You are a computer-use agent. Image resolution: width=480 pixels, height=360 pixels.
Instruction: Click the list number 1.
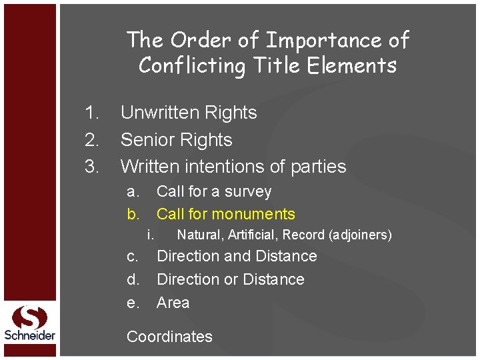tap(92, 113)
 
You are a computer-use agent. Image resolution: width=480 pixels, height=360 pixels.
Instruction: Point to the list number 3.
tap(92, 166)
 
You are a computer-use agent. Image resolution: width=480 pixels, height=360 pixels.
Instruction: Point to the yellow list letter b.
tap(133, 214)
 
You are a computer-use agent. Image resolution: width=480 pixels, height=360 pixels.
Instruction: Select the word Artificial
tap(253, 235)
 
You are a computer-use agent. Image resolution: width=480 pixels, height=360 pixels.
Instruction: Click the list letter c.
tap(133, 256)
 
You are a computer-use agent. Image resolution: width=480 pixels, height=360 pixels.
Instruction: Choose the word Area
tap(173, 303)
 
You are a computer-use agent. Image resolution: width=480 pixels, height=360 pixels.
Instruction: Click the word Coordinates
tap(169, 337)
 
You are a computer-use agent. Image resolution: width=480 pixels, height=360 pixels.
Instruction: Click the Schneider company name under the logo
tap(30, 335)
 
